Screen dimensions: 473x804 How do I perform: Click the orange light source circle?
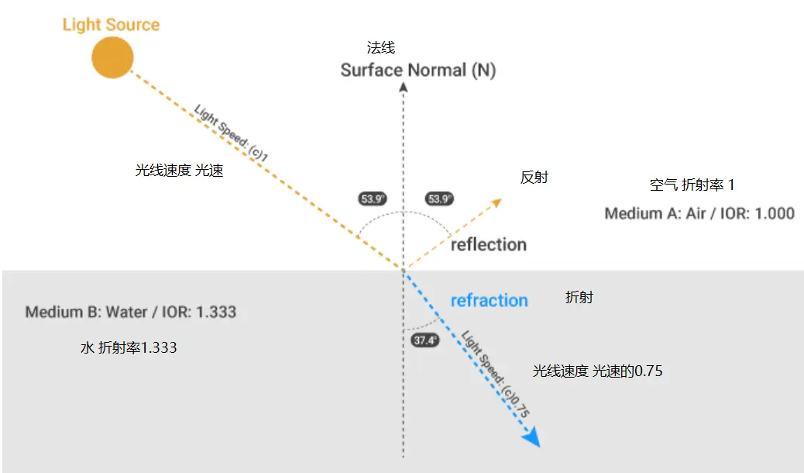[112, 57]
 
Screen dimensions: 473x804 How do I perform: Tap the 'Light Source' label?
[111, 24]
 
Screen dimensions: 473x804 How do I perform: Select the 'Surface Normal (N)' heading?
[418, 71]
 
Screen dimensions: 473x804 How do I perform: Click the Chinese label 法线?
[381, 48]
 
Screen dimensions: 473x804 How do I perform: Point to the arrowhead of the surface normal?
[403, 87]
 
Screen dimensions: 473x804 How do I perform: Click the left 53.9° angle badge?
[373, 199]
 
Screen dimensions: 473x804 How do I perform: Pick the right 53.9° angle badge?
[439, 199]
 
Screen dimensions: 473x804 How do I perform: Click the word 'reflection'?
[489, 245]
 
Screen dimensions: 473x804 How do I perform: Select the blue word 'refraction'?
[490, 301]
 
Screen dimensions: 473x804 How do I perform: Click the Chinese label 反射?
[534, 178]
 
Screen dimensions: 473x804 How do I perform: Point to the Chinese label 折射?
[579, 297]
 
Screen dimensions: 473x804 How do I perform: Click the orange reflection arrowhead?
[495, 204]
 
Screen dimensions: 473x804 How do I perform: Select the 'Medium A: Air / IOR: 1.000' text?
[699, 213]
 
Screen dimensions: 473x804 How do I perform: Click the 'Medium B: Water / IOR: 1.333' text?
[131, 312]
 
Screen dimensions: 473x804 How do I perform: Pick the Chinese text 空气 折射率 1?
[692, 185]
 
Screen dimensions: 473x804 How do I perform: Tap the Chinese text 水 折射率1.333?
[129, 348]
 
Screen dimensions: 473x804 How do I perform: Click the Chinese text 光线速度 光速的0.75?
[597, 371]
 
